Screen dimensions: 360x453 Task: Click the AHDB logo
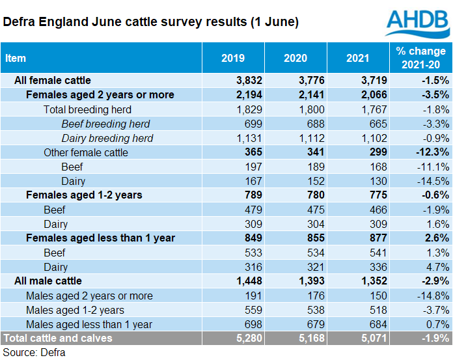pyautogui.click(x=417, y=23)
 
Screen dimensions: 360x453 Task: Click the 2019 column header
pyautogui.click(x=232, y=58)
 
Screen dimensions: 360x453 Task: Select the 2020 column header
pyautogui.click(x=295, y=58)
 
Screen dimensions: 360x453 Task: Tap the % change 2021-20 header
pyautogui.click(x=421, y=58)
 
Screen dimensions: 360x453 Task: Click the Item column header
pyautogui.click(x=16, y=58)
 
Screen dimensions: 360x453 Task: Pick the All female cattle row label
pyautogui.click(x=57, y=80)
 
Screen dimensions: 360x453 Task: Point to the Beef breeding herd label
pyautogui.click(x=105, y=124)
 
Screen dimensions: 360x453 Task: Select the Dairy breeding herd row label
pyautogui.click(x=107, y=138)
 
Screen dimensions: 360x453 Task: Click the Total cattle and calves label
pyautogui.click(x=58, y=338)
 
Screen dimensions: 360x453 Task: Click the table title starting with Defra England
pyautogui.click(x=151, y=22)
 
